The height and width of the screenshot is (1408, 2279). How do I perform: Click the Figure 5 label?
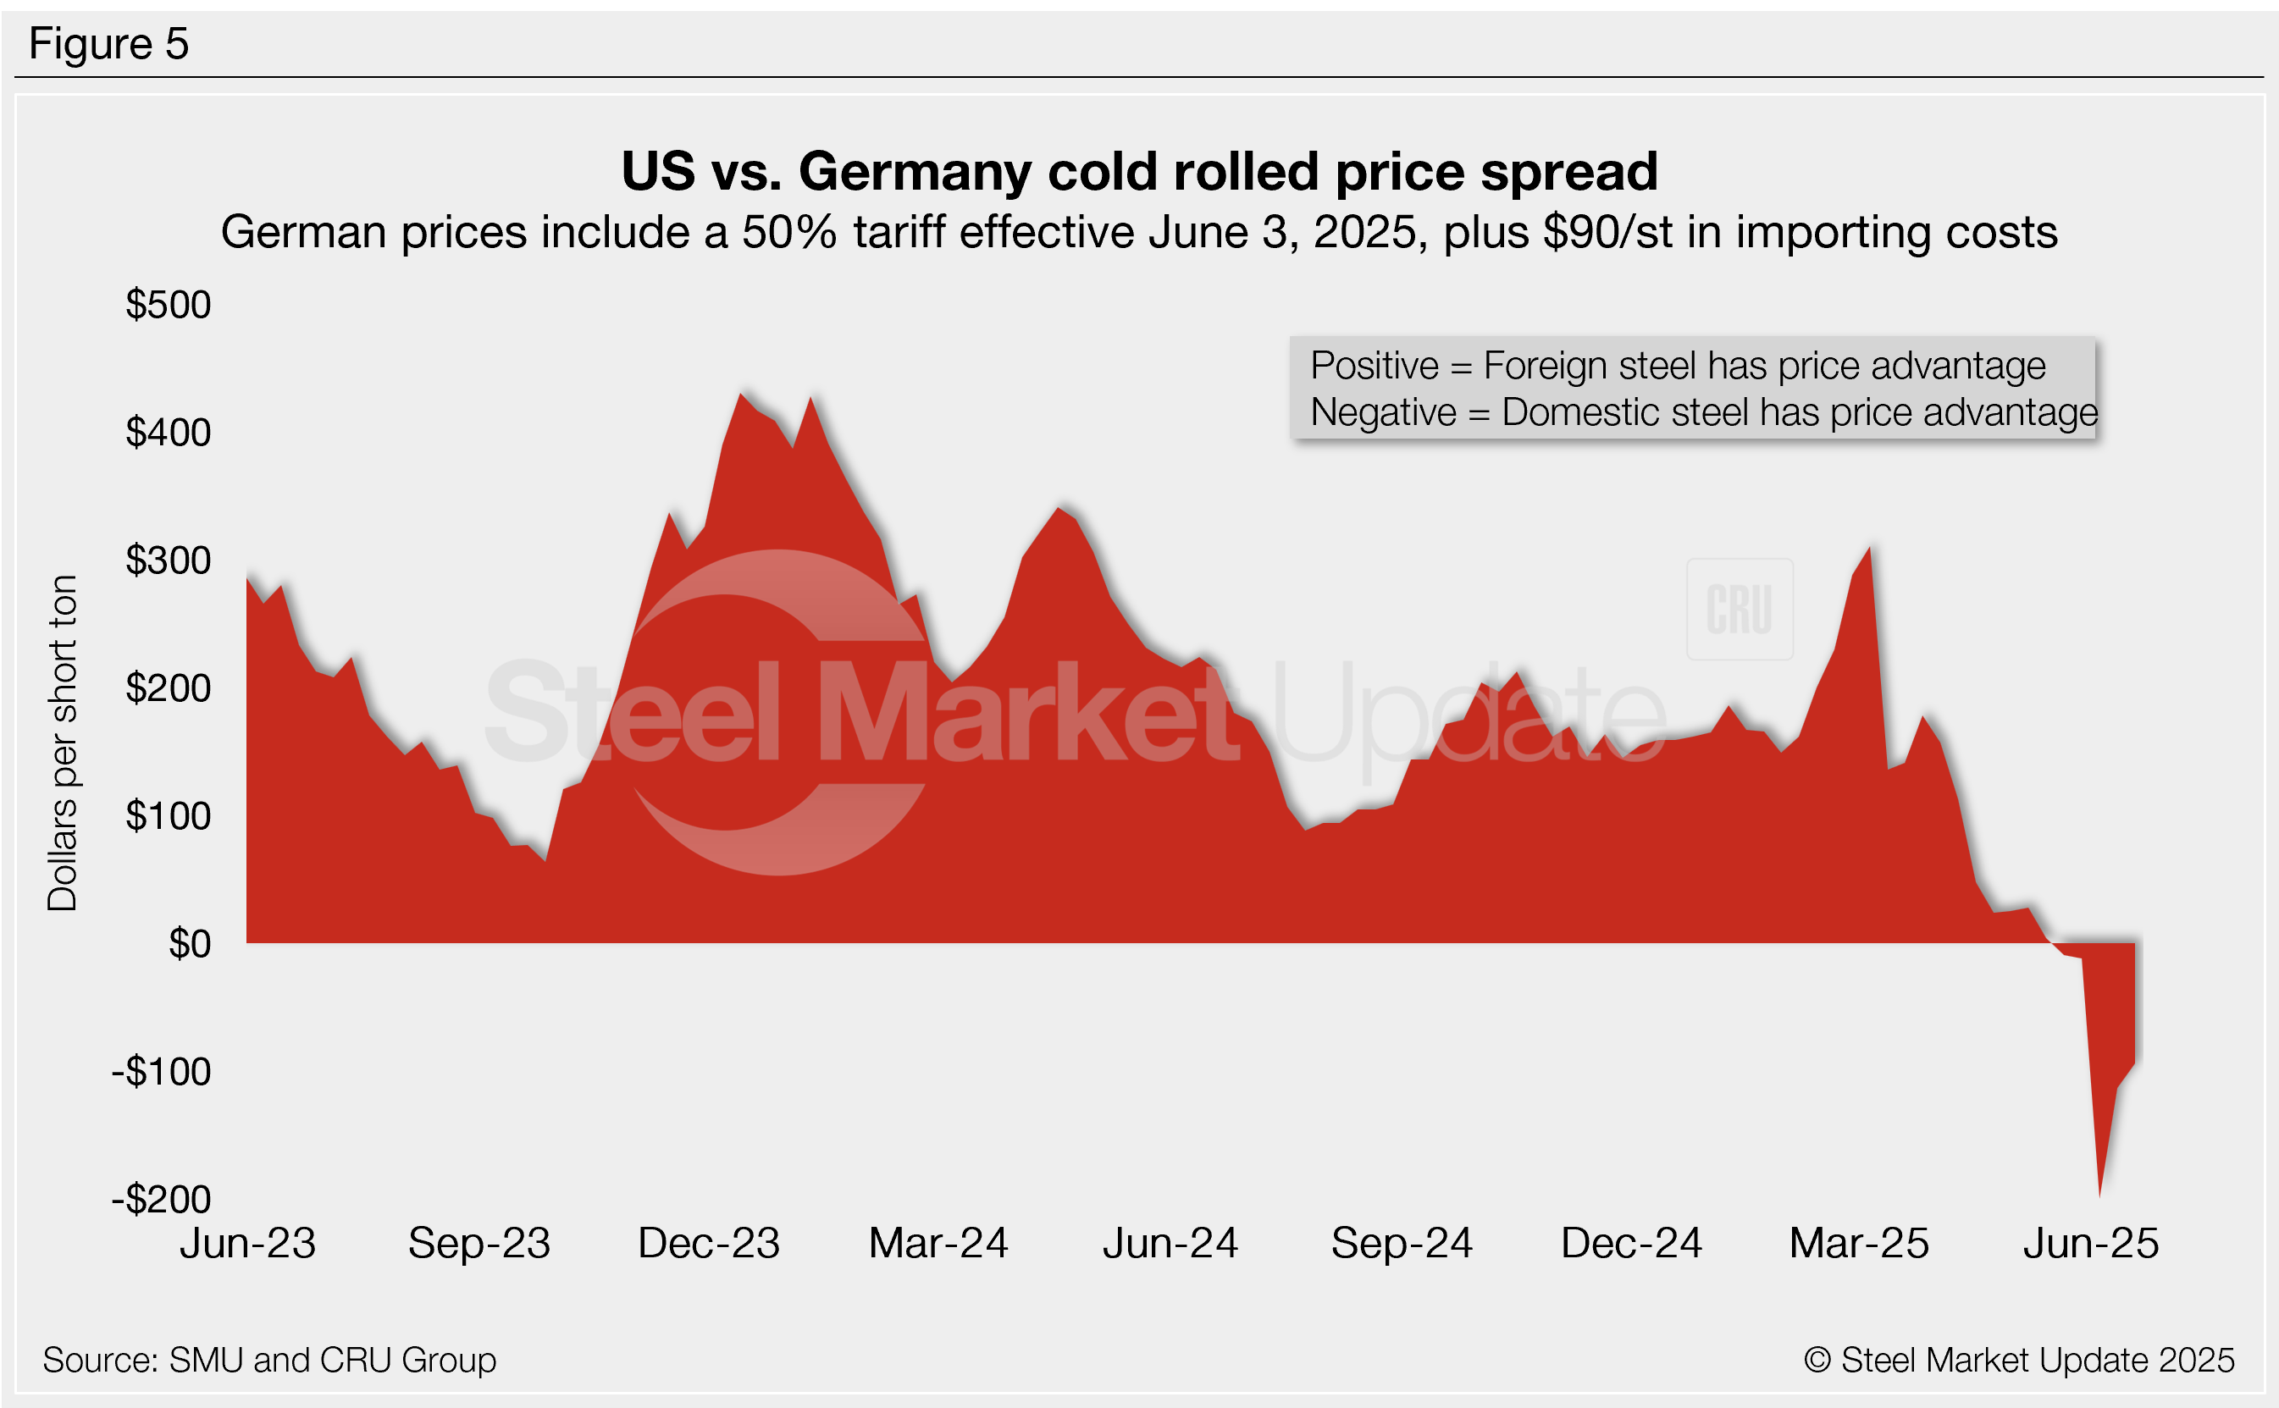[x=109, y=44]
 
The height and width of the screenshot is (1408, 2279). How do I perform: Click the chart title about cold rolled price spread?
[x=1139, y=171]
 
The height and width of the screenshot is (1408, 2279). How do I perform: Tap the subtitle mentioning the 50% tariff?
[x=1139, y=232]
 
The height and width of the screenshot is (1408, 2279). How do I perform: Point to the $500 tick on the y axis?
[x=169, y=305]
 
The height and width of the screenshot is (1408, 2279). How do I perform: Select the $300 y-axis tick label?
[x=169, y=560]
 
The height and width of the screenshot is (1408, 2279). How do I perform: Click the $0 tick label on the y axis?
[x=189, y=944]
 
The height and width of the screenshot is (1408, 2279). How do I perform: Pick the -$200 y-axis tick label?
[x=161, y=1200]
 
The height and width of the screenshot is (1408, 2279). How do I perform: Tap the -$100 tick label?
[x=161, y=1072]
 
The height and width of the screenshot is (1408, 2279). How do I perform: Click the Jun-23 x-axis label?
[x=248, y=1243]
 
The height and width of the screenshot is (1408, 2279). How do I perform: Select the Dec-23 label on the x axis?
[x=709, y=1243]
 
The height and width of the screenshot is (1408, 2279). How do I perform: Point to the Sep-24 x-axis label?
[x=1402, y=1243]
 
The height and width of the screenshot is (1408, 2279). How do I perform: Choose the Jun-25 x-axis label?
[x=2091, y=1243]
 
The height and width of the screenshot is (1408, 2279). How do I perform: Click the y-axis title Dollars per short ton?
[x=63, y=743]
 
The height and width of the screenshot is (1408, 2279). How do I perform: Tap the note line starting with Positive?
[x=1678, y=365]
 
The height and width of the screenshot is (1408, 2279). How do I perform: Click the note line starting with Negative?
[x=1703, y=412]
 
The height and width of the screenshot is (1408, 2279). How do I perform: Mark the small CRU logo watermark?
[x=1739, y=609]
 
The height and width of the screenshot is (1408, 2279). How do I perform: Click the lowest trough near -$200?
[x=2099, y=1195]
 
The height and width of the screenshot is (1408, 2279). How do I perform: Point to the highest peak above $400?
[x=741, y=395]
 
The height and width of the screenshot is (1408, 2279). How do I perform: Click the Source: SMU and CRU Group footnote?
[x=269, y=1361]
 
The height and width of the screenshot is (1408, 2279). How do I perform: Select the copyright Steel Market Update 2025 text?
[x=2018, y=1361]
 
